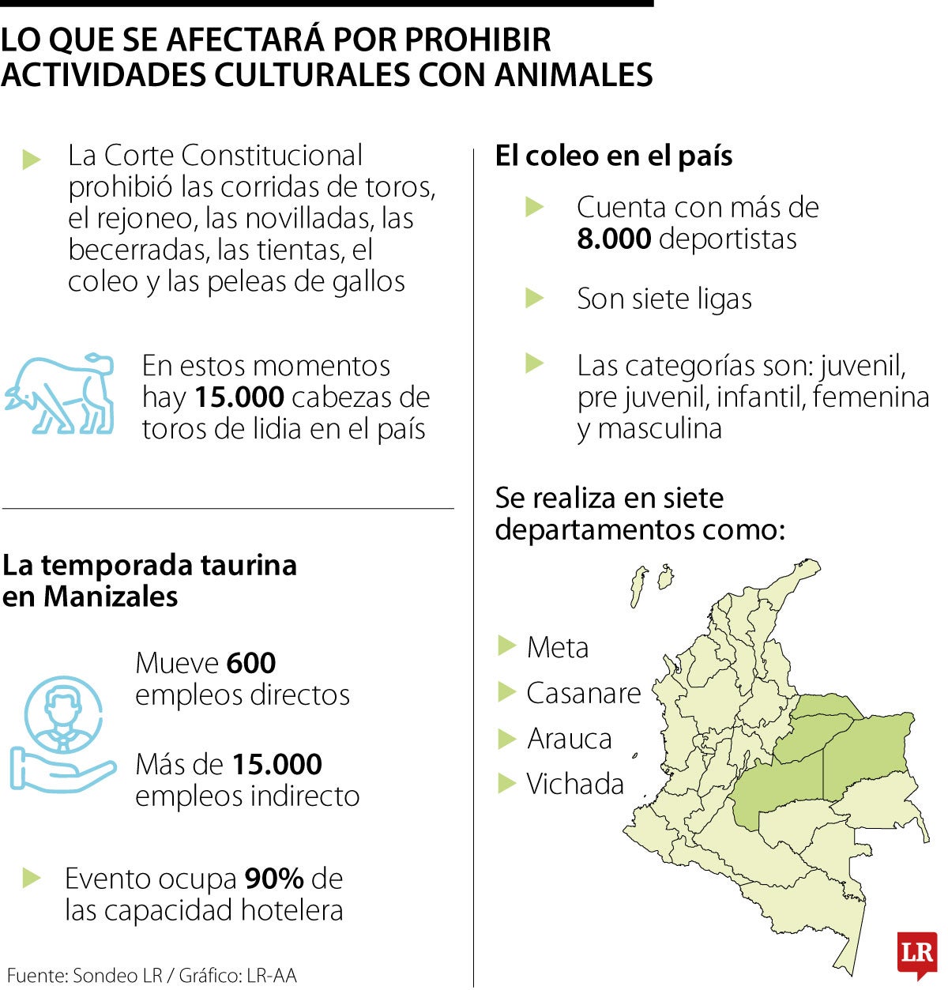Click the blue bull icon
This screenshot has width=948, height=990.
click(x=60, y=394)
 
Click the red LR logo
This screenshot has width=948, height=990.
click(x=916, y=954)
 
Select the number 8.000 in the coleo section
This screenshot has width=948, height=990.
click(x=614, y=239)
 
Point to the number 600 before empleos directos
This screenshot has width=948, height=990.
click(x=250, y=663)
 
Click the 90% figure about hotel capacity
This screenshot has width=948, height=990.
click(x=274, y=879)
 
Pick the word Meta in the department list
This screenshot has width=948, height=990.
click(x=558, y=648)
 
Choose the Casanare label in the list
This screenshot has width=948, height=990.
click(x=584, y=693)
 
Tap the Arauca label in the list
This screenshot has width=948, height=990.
click(x=570, y=739)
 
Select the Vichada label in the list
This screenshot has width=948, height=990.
click(x=575, y=784)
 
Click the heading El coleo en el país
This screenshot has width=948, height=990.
click(x=613, y=156)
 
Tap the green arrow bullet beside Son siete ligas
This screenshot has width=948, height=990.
click(x=535, y=299)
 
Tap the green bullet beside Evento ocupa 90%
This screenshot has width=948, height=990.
click(x=32, y=878)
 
